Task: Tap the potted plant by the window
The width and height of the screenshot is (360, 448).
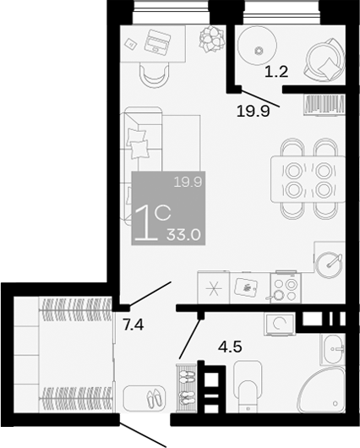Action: (209, 36)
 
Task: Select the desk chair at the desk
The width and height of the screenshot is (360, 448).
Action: (154, 71)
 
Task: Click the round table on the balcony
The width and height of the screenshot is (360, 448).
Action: (258, 47)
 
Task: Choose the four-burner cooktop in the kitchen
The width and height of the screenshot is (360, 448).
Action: (284, 288)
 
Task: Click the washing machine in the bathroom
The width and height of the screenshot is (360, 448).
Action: (279, 322)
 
